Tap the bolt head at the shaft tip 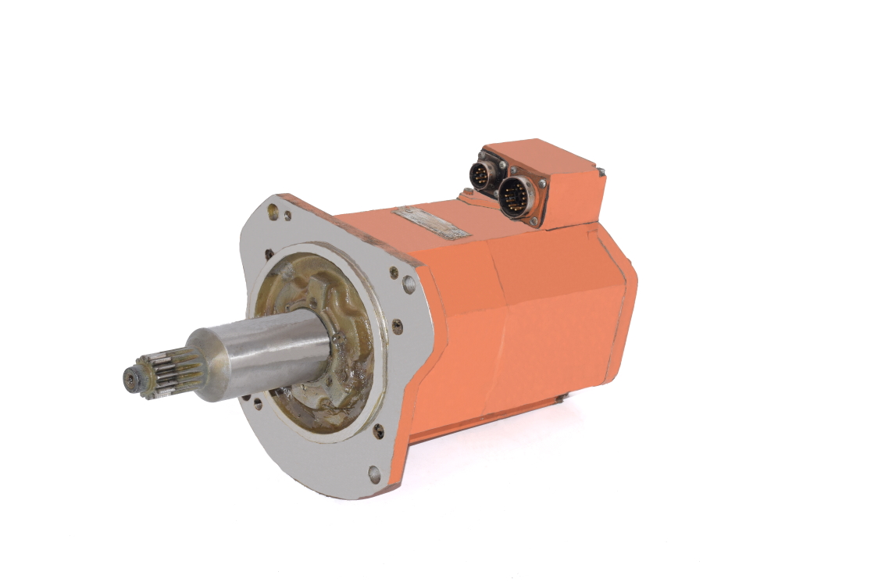tap(130, 380)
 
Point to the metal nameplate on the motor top tap(432, 222)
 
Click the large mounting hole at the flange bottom tap(374, 473)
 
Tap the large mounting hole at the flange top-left tap(273, 210)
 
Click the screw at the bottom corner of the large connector tap(534, 223)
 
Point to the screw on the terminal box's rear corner tap(600, 170)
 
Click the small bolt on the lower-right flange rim tap(379, 429)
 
